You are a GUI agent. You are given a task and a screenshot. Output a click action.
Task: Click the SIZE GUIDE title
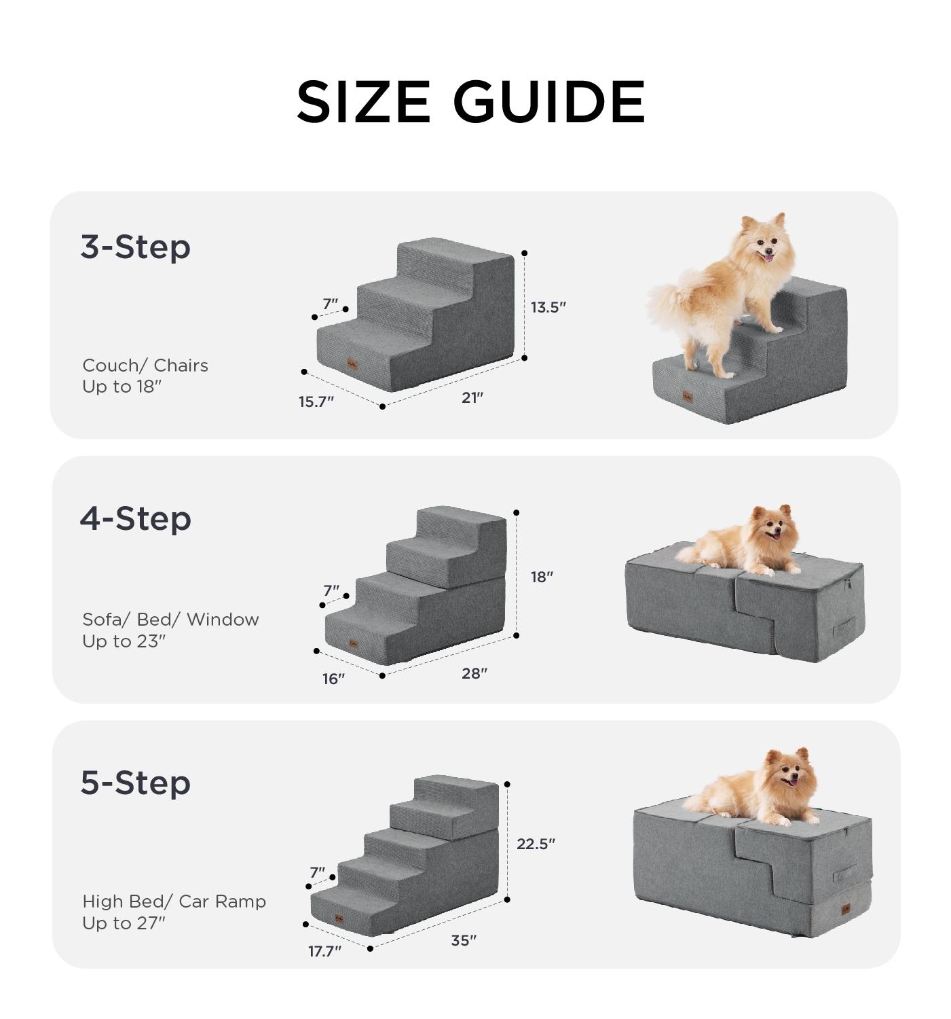471,102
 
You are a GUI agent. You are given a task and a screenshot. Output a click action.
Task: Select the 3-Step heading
136,247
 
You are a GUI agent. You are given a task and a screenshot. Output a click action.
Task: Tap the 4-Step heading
136,519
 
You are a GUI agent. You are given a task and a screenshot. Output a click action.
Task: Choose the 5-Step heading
136,783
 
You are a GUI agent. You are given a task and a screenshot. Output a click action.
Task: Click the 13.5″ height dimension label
548,308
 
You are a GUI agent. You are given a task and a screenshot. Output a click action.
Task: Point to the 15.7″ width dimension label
316,401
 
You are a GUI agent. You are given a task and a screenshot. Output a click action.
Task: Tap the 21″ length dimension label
472,398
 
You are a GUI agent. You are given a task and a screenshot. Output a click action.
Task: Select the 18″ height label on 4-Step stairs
542,577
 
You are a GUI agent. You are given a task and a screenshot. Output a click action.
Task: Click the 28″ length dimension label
474,673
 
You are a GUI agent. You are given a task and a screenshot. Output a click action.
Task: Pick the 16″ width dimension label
333,679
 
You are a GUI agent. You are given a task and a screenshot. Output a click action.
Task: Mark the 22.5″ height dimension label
536,844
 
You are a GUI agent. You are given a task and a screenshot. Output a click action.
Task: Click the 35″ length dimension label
464,940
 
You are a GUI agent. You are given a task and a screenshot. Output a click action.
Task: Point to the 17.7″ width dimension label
324,951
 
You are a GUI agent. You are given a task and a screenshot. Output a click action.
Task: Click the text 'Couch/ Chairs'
145,365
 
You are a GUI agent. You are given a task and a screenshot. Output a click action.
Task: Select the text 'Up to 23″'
124,641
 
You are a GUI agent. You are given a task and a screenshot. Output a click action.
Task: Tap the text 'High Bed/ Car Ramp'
174,901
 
